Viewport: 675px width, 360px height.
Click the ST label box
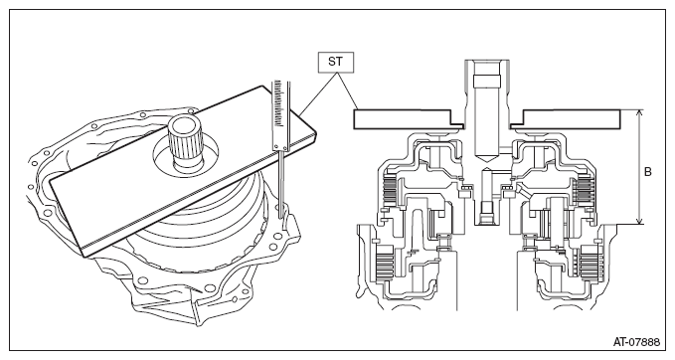point(335,62)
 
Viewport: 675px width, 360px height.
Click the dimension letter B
point(647,172)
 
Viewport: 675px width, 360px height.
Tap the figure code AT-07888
point(636,342)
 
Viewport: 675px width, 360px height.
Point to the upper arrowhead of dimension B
point(639,113)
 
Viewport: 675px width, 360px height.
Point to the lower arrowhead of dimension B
point(639,220)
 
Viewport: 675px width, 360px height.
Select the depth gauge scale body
point(279,115)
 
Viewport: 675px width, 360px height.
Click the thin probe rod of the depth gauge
point(280,183)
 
